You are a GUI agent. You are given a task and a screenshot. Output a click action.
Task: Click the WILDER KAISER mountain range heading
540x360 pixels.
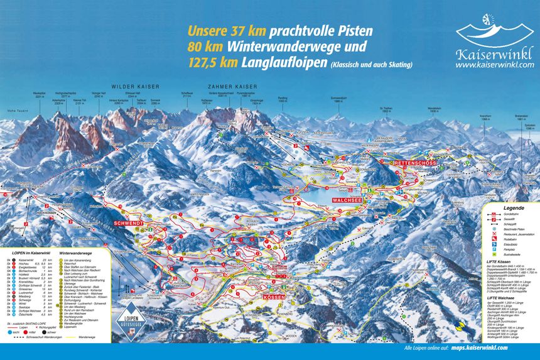tap(136, 86)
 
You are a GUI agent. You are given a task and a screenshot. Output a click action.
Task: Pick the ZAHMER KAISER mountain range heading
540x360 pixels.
tap(224, 86)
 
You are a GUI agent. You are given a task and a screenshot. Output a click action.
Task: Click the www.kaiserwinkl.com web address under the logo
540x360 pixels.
tap(495, 64)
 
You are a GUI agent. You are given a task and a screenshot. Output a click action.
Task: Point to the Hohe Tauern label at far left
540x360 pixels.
tap(13, 111)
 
